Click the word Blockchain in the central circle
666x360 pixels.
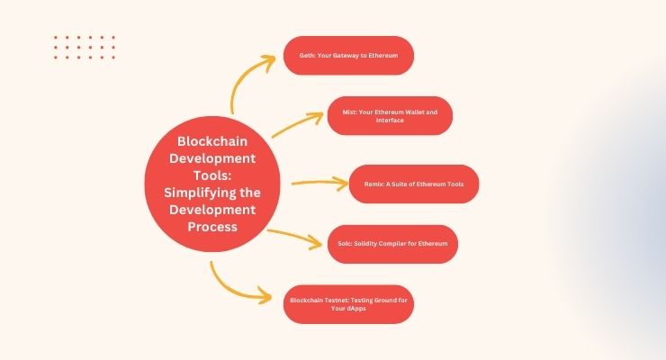212,141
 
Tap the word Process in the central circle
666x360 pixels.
212,227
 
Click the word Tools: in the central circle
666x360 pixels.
212,175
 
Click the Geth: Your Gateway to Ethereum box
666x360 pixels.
348,56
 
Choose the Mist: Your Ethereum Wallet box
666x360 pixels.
390,116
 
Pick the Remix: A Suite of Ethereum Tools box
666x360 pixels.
414,184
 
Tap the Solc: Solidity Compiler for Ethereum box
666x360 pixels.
393,244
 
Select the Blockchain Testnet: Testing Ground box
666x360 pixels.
348,304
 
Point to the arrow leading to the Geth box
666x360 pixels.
243,75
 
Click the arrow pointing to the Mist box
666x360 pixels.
297,123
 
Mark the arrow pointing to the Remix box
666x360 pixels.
320,183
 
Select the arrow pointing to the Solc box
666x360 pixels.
295,237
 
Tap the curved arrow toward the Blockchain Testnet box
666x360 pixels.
229,290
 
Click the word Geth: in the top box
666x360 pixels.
307,56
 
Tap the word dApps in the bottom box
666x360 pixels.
355,309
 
